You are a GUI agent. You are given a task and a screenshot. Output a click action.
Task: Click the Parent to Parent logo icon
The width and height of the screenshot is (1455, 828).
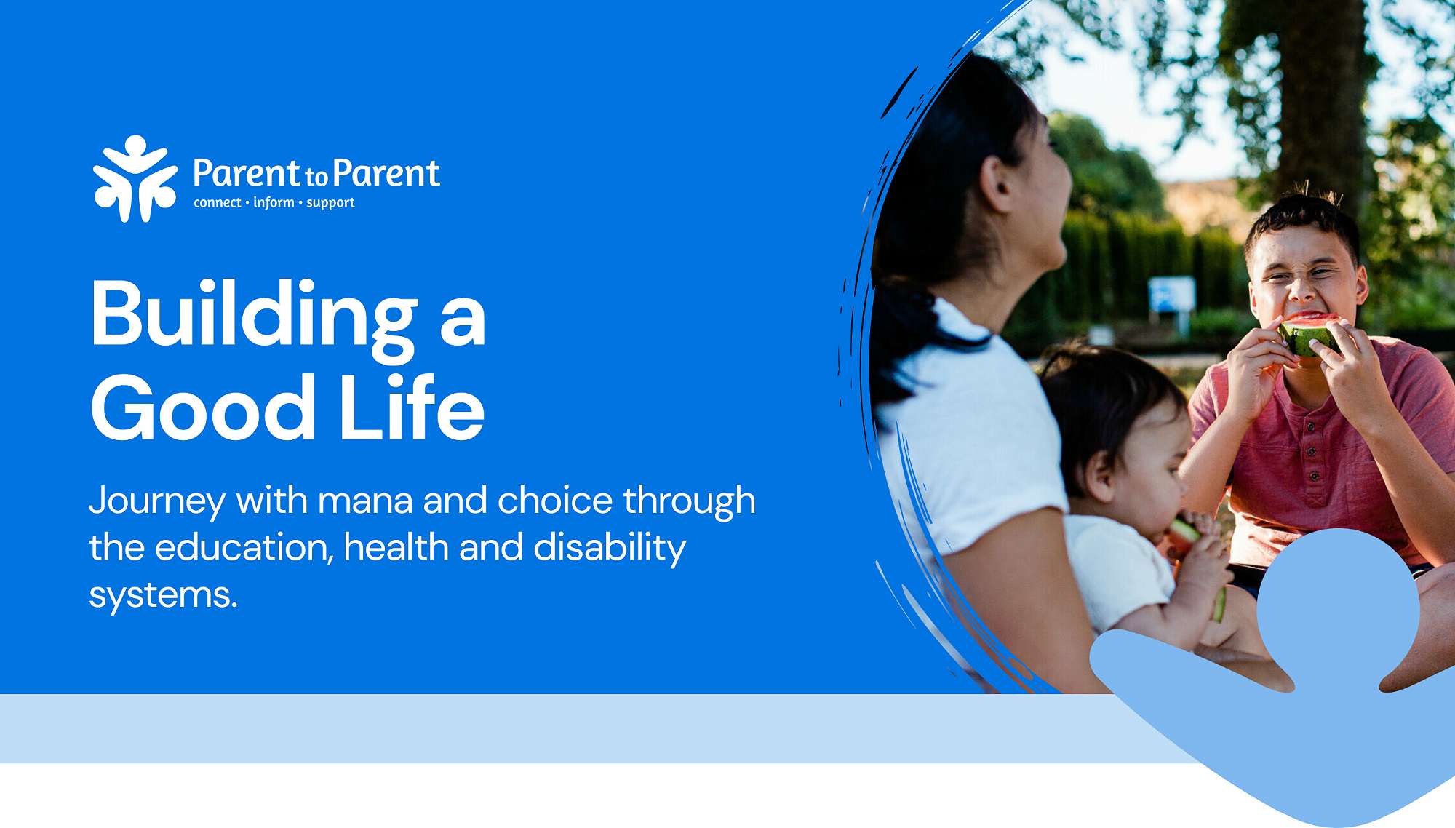[x=135, y=178]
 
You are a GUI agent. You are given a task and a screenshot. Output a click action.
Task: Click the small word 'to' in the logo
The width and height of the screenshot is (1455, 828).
[x=316, y=176]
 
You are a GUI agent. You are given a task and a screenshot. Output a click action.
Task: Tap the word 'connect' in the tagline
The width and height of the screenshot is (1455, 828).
[x=217, y=203]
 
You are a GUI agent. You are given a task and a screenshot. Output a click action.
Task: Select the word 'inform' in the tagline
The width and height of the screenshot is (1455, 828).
[x=274, y=202]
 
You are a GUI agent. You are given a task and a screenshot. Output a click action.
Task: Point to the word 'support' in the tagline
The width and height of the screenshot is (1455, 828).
[x=330, y=204]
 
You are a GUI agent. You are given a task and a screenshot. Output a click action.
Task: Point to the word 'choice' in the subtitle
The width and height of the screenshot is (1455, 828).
[x=554, y=501]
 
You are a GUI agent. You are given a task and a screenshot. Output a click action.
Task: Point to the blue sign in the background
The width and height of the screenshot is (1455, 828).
[x=1171, y=295]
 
